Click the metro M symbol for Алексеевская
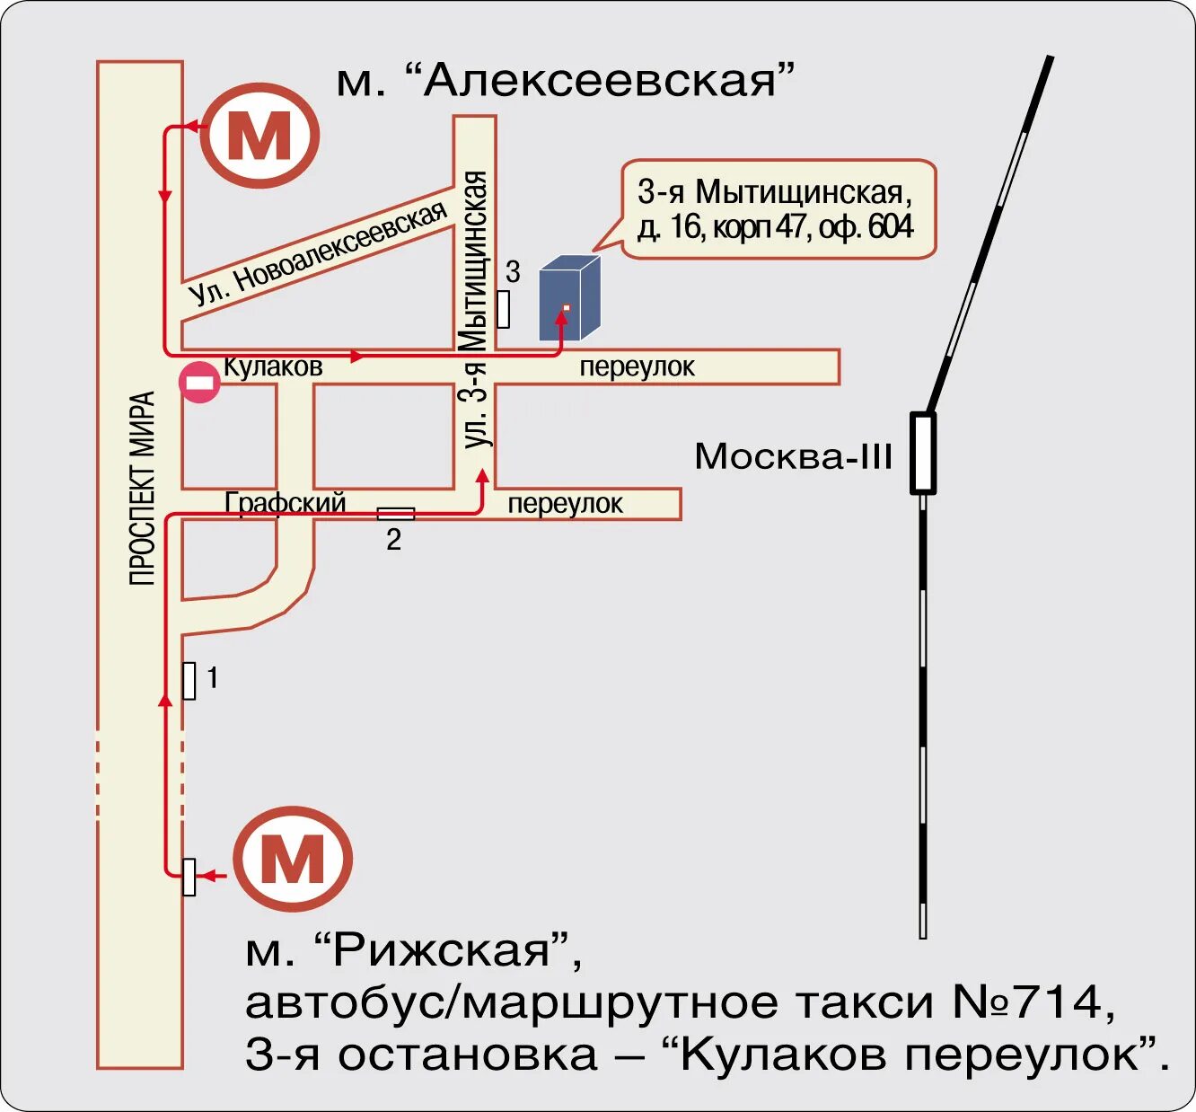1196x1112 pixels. click(259, 136)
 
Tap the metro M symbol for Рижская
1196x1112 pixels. click(293, 859)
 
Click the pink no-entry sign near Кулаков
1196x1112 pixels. click(199, 383)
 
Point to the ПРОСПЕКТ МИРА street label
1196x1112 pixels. click(142, 489)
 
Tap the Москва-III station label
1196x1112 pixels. click(793, 456)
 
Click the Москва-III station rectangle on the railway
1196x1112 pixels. click(923, 453)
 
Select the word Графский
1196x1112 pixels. click(286, 502)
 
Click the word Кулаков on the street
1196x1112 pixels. click(272, 366)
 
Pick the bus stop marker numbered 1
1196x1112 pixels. click(189, 680)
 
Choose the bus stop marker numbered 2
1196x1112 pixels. click(395, 514)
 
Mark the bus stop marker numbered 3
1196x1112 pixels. click(503, 308)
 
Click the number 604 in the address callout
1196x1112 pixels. click(891, 227)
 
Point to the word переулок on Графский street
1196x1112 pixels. click(565, 504)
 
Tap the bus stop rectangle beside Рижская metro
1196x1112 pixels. click(189, 877)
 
